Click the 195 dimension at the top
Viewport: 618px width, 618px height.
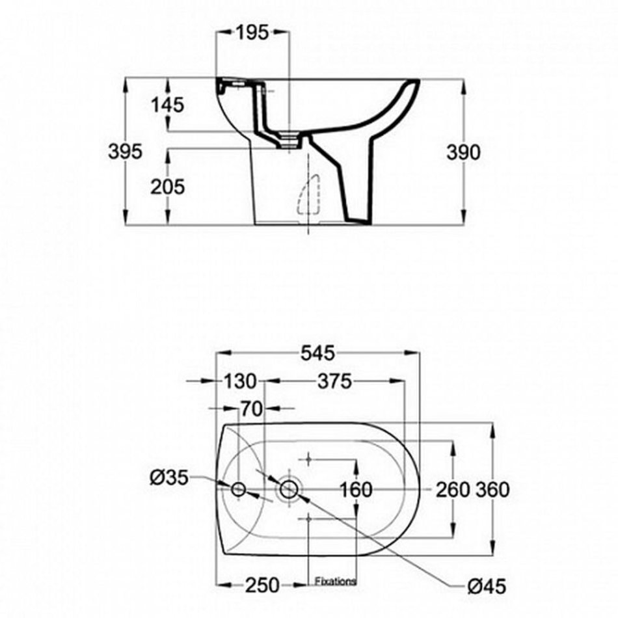pyautogui.click(x=252, y=33)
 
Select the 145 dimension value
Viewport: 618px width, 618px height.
pyautogui.click(x=167, y=105)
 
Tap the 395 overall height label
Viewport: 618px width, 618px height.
pyautogui.click(x=125, y=152)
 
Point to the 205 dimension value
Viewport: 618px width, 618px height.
pyautogui.click(x=167, y=187)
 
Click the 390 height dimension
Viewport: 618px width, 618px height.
pyautogui.click(x=463, y=152)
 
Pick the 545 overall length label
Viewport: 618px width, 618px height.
pyautogui.click(x=317, y=353)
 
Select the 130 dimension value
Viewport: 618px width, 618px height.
pyautogui.click(x=241, y=381)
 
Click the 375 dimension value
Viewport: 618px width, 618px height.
pyautogui.click(x=334, y=381)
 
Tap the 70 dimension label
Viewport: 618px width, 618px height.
pyautogui.click(x=252, y=409)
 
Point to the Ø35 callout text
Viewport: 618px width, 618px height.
pyautogui.click(x=168, y=478)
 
